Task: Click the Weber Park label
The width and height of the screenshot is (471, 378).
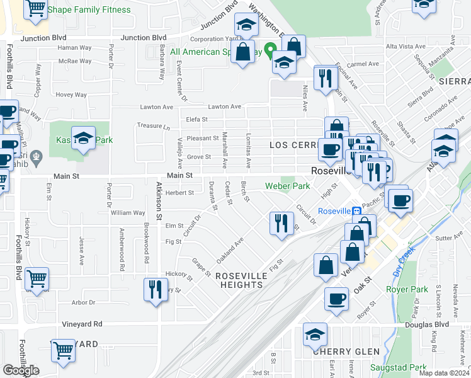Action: pos(287,186)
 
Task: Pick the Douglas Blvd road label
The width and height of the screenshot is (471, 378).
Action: pos(428,324)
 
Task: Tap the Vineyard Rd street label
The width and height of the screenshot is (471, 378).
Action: pos(82,324)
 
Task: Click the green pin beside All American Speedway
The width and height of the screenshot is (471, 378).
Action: pos(271,49)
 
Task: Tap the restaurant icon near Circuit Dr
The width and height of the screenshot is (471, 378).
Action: pos(281,222)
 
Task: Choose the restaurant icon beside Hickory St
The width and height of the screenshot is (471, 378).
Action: pos(155,289)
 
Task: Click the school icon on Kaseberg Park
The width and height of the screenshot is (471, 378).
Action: pos(83,137)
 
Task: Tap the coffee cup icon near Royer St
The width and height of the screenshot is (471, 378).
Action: pos(336,298)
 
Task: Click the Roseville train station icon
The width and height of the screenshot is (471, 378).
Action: pos(356,210)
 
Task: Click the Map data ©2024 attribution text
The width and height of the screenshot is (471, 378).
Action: pos(443,373)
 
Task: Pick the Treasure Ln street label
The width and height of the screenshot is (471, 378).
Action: pos(154,126)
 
